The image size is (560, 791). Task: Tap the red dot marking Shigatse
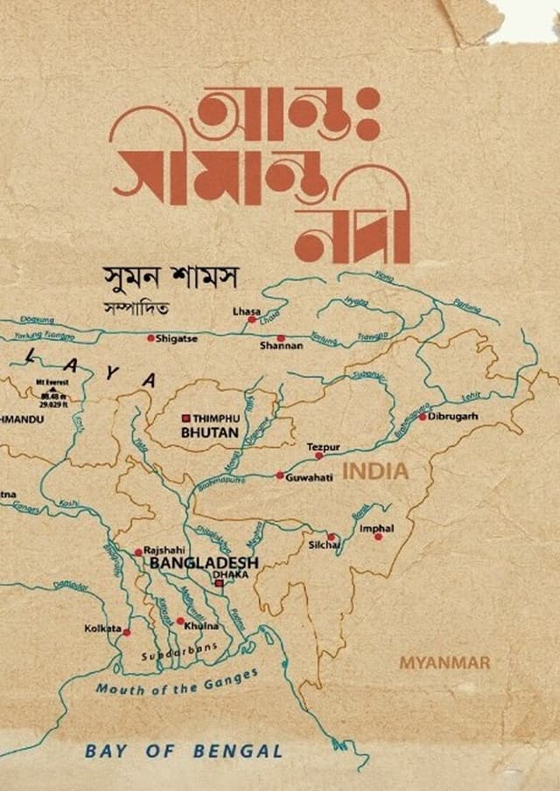151,338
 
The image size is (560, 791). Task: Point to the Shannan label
282,346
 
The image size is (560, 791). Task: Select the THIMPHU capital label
214,419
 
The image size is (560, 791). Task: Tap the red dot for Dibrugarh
422,417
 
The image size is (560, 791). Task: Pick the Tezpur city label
323,447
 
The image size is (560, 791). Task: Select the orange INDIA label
375,472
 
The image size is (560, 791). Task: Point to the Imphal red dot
378,537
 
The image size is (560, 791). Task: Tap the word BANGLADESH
205,565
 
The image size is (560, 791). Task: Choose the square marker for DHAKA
219,583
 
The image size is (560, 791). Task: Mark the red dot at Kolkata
127,632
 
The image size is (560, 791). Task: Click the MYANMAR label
444,663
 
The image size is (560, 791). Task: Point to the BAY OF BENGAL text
183,751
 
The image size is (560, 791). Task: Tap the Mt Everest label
52,382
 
